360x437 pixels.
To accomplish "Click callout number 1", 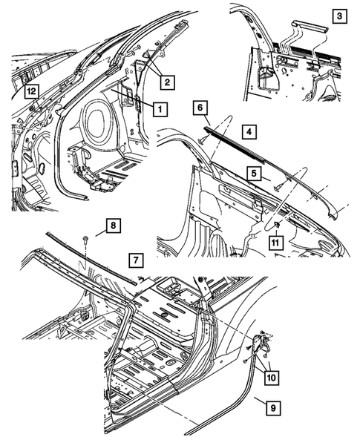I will pyautogui.click(x=159, y=108).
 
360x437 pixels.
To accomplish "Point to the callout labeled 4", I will pyautogui.click(x=250, y=131).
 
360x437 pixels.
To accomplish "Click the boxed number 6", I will pyautogui.click(x=199, y=108).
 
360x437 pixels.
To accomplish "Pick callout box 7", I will pyautogui.click(x=135, y=260).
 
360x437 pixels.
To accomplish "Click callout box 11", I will pyautogui.click(x=275, y=240).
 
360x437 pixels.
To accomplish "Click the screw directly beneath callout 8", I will pyautogui.click(x=88, y=239).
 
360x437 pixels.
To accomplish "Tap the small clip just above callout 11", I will pyautogui.click(x=275, y=223).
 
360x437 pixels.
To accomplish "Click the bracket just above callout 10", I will pyautogui.click(x=260, y=344).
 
